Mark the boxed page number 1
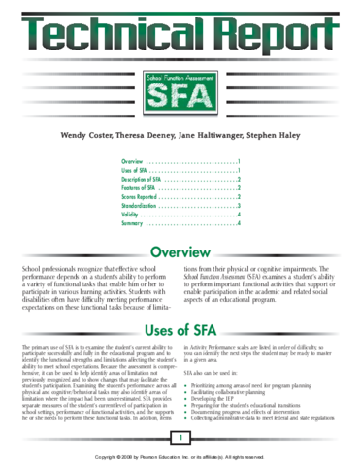(x=180, y=440)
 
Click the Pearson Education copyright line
(x=180, y=455)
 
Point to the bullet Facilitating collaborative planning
(x=245, y=391)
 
